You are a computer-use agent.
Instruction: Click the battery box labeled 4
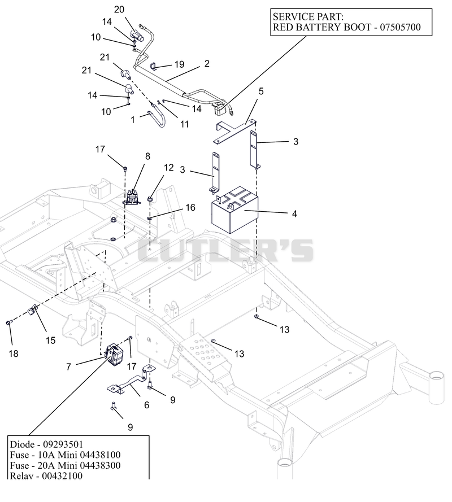click(235, 209)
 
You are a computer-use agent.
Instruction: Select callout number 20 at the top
click(119, 10)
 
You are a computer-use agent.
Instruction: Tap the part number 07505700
click(400, 27)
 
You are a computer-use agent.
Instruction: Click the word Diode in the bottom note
click(22, 444)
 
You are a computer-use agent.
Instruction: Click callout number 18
click(14, 353)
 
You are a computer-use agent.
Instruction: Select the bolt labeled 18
click(8, 323)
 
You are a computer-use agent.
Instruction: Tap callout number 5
click(261, 91)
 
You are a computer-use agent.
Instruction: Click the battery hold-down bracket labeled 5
click(236, 131)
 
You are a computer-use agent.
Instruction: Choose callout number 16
click(190, 207)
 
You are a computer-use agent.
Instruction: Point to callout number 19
click(180, 64)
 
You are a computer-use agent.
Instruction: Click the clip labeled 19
click(154, 66)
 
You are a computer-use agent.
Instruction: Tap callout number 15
click(51, 341)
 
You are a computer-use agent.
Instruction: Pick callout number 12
click(168, 168)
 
